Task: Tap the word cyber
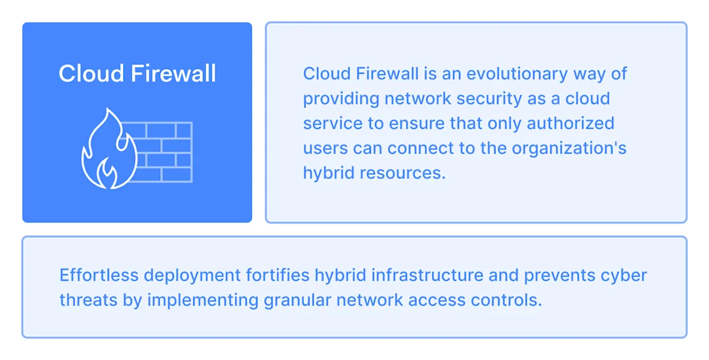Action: click(x=624, y=275)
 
